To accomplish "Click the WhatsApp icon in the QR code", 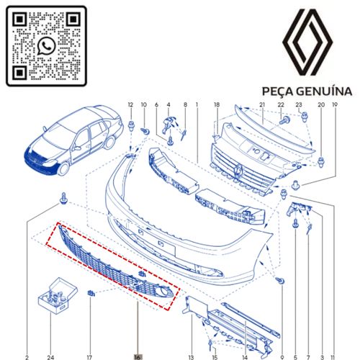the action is click(47, 46).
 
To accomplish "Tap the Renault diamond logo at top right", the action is click(307, 42).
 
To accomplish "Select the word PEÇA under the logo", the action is click(278, 92).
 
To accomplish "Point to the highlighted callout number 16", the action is click(138, 357).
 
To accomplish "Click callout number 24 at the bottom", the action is click(50, 357).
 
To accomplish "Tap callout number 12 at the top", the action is click(130, 104).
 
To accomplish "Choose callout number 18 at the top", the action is click(217, 104).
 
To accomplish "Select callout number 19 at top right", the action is click(335, 104).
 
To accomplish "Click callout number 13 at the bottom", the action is click(191, 357).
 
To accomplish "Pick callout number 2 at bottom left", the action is click(27, 357).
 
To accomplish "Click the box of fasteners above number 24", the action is click(58, 296).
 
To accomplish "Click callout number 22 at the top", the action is click(281, 104).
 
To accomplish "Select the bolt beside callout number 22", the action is click(284, 120).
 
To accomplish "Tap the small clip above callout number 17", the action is click(91, 293).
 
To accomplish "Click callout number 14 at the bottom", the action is click(245, 357).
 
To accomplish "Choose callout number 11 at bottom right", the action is click(334, 357).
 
